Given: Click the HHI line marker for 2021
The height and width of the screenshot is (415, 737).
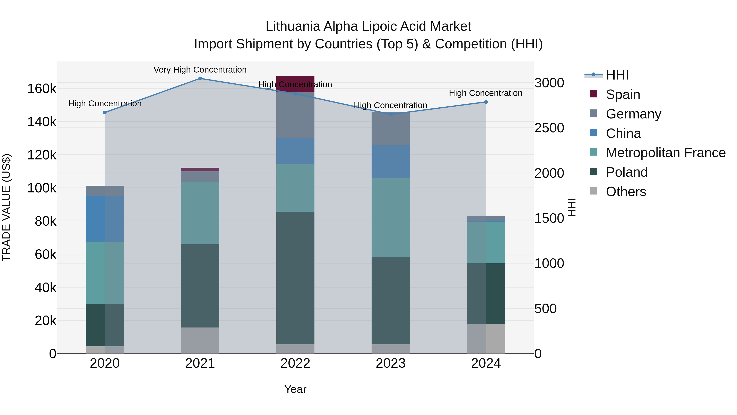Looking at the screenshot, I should tap(200, 78).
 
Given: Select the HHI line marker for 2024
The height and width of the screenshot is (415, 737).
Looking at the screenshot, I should tap(486, 102).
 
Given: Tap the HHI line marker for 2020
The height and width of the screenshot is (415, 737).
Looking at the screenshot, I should tap(105, 113).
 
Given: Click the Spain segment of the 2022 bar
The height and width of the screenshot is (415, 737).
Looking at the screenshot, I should tap(295, 84).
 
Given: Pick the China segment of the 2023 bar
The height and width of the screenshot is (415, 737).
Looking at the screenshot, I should tap(391, 162).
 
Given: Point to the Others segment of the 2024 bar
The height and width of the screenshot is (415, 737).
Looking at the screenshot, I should tap(486, 339).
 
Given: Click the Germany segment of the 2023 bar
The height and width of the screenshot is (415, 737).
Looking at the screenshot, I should tap(391, 129).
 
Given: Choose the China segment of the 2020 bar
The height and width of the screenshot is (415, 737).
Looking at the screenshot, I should tap(105, 218).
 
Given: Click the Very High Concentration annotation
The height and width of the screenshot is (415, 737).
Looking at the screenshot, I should tap(200, 70).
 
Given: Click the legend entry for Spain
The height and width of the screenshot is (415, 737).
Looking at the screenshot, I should tap(623, 94).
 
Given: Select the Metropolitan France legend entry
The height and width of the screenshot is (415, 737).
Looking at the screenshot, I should tap(666, 153).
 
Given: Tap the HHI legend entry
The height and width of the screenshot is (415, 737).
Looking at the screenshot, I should tap(617, 75).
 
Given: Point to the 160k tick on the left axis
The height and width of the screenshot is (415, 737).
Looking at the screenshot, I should tap(42, 89).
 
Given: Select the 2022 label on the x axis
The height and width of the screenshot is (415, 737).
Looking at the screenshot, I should tap(295, 363).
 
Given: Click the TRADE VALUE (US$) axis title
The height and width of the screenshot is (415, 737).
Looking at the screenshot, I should tap(6, 207).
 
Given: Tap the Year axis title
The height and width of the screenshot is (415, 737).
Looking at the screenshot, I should tap(295, 389).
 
